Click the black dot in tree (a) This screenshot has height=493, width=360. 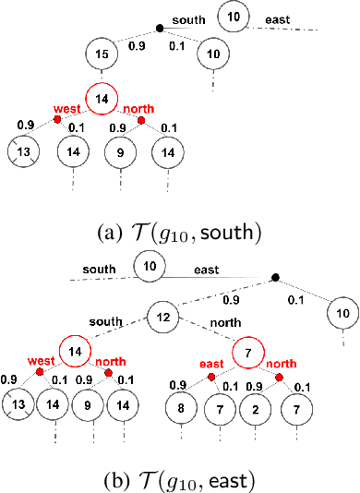click(x=159, y=29)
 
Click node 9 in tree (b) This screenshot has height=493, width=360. click(x=90, y=404)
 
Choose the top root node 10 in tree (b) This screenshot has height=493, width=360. click(x=150, y=266)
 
